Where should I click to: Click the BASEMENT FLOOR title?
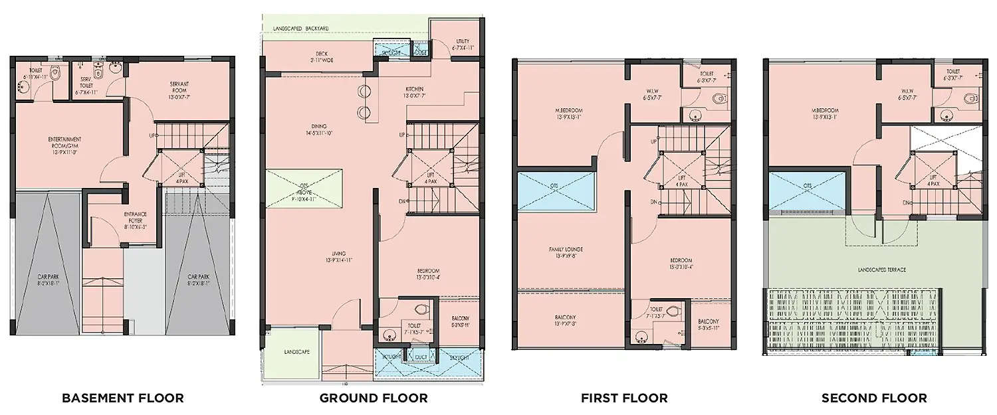click(123, 398)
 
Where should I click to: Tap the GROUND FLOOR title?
click(374, 398)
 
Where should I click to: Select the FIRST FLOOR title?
click(624, 398)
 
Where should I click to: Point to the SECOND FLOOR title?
click(874, 398)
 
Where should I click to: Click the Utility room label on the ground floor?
click(463, 44)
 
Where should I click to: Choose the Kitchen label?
click(414, 92)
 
